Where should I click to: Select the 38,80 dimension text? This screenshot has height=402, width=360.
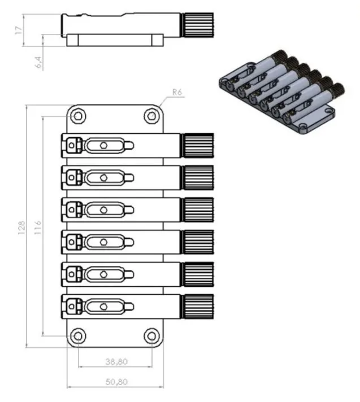click(x=115, y=360)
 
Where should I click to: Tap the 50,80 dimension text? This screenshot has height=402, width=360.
click(x=115, y=382)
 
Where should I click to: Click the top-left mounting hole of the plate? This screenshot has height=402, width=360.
click(x=79, y=116)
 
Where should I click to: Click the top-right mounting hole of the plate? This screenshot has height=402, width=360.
click(x=151, y=116)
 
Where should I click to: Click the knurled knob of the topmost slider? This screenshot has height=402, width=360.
click(x=198, y=146)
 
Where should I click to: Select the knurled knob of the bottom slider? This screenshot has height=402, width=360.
click(x=198, y=307)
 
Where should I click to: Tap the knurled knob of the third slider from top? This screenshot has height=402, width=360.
click(x=198, y=210)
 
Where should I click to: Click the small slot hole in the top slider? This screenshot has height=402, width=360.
click(x=103, y=146)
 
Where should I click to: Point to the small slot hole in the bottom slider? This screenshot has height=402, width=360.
click(x=103, y=307)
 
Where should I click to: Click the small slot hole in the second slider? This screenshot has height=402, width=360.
click(x=103, y=178)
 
